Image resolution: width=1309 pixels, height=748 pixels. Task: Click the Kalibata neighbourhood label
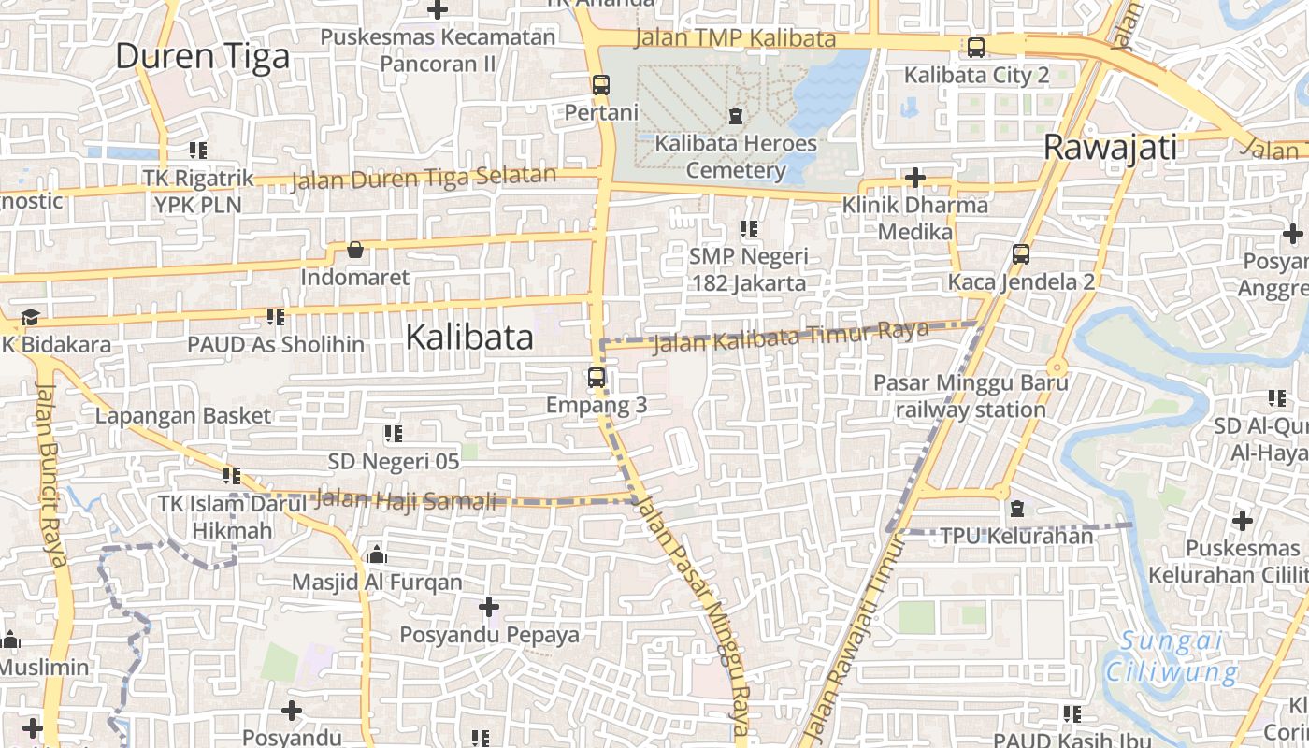[469, 338]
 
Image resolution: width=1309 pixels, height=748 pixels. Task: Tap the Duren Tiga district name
[202, 57]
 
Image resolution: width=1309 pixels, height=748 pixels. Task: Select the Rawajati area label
[1110, 148]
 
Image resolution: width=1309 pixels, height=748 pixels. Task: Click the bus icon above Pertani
[601, 84]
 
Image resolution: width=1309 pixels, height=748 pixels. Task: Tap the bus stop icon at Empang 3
[597, 378]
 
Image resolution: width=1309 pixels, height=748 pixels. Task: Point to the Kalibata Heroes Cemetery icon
[736, 116]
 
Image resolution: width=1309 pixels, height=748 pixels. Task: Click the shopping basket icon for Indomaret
[355, 250]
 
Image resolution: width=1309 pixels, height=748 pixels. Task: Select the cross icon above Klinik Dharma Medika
[915, 177]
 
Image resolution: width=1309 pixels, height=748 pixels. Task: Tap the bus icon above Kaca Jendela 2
[1021, 253]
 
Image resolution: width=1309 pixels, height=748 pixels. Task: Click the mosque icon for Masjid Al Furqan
[377, 554]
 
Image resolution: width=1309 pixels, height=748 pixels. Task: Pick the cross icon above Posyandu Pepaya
[489, 607]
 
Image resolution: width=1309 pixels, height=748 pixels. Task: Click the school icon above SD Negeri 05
[394, 434]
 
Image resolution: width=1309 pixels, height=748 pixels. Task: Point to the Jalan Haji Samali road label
[406, 500]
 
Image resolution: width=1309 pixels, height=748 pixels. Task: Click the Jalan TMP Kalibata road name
[735, 38]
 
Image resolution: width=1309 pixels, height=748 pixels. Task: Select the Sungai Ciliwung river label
[1172, 656]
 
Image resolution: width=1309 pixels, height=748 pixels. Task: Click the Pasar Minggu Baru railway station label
[971, 396]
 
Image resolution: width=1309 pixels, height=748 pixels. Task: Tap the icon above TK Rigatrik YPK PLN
[197, 150]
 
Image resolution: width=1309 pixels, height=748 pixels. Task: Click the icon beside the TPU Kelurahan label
[1017, 509]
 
